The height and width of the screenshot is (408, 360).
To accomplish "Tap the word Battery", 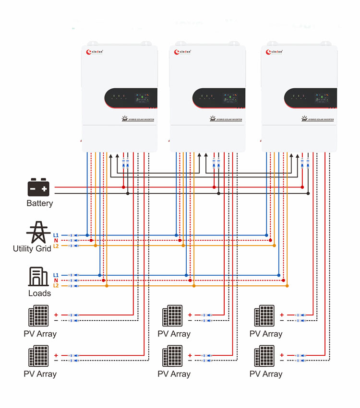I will click(40, 203).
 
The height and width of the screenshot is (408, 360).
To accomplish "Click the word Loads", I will click(39, 293).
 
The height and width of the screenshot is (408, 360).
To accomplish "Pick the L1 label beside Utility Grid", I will click(56, 235).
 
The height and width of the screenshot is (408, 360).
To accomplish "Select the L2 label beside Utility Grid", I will click(56, 245).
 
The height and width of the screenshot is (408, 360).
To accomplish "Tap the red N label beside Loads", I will click(56, 280).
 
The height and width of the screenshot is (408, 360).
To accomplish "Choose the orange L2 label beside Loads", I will click(56, 286).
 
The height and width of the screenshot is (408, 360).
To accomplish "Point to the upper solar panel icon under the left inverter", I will click(38, 316).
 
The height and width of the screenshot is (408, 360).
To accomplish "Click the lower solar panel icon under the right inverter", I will click(264, 356).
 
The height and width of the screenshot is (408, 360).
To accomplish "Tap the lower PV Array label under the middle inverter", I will click(174, 374).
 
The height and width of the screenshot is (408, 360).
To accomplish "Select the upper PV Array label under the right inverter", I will click(265, 334).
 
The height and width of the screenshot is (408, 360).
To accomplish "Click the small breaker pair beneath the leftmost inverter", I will click(125, 163).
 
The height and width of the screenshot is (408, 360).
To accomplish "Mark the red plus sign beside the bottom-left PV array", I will click(56, 355).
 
